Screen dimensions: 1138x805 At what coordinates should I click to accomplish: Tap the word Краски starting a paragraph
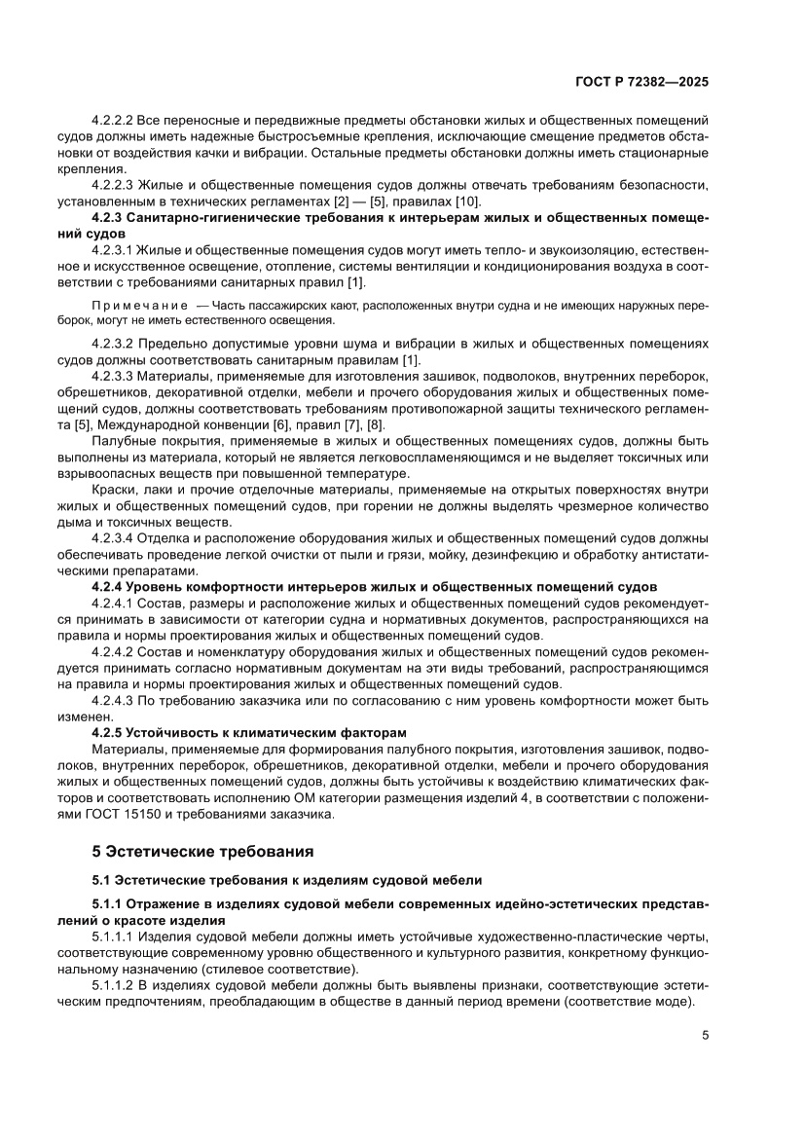click(113, 489)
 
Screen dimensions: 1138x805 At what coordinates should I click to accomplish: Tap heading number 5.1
click(102, 880)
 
